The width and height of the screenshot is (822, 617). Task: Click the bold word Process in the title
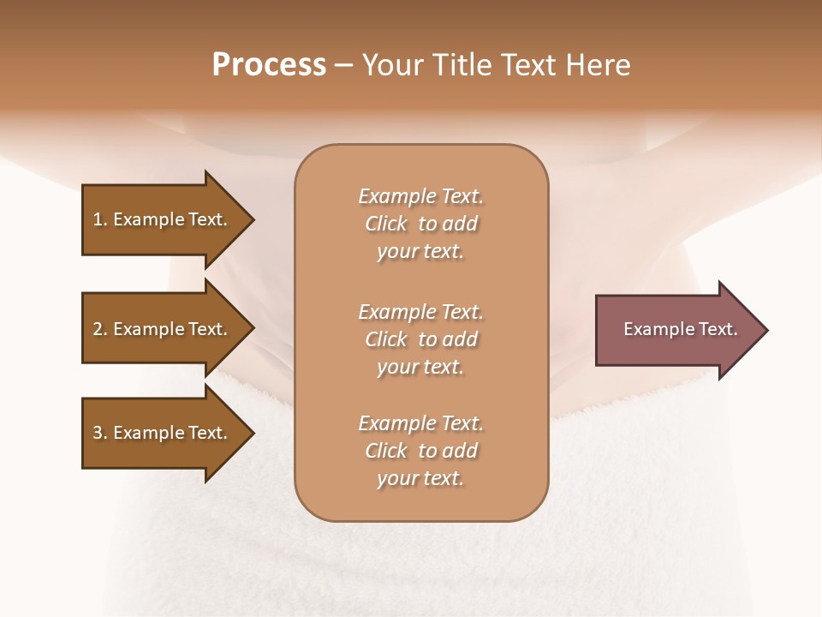click(269, 65)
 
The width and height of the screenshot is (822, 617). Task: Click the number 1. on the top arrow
click(100, 219)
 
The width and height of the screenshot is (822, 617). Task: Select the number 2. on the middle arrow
click(100, 329)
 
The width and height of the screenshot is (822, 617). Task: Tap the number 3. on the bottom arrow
click(100, 433)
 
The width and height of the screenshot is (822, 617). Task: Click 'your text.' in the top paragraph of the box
click(420, 252)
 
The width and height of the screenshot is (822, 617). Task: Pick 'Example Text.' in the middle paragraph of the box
click(420, 312)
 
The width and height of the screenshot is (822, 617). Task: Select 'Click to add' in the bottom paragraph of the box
click(420, 451)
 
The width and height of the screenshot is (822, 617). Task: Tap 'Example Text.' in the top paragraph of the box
click(420, 196)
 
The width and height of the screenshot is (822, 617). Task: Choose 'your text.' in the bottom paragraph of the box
click(420, 479)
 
